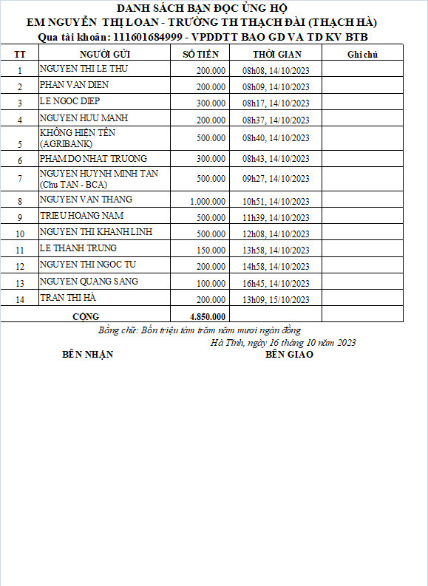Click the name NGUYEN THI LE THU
point(75,69)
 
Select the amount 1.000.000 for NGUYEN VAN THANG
point(208,202)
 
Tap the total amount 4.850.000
point(208,316)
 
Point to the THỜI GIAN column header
point(275,55)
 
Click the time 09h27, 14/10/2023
point(276,179)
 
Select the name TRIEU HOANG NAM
point(81,216)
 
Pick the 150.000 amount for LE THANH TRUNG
point(211,251)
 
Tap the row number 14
point(20,299)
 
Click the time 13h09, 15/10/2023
point(276,299)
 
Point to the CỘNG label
point(86,316)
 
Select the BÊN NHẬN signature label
point(87,355)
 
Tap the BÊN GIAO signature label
point(289,355)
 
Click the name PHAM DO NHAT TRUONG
point(93,159)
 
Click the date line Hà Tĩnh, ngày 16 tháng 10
point(283,342)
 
